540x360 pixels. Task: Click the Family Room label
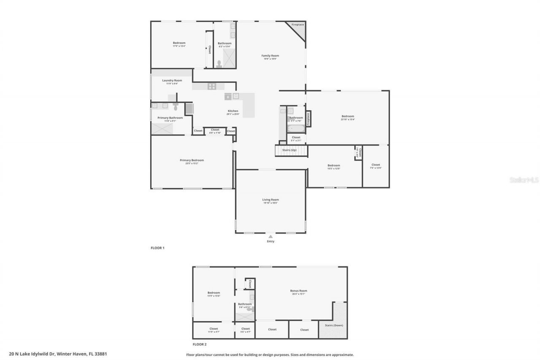pyautogui.click(x=270, y=56)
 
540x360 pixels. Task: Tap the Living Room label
pyautogui.click(x=270, y=200)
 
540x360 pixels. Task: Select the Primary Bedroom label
pyautogui.click(x=192, y=160)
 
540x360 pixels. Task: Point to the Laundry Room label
pyautogui.click(x=172, y=81)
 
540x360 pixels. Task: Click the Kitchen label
pyautogui.click(x=232, y=111)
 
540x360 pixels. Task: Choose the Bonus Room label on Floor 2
pyautogui.click(x=298, y=291)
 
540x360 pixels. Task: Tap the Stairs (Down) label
pyautogui.click(x=334, y=325)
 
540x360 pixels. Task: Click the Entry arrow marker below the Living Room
pyautogui.click(x=270, y=236)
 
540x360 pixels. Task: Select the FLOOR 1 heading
pyautogui.click(x=157, y=248)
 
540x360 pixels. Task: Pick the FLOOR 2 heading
pyautogui.click(x=200, y=344)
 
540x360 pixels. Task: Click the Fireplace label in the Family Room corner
pyautogui.click(x=297, y=25)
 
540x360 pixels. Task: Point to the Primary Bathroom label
pyautogui.click(x=170, y=118)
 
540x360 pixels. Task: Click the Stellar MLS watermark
pyautogui.click(x=524, y=180)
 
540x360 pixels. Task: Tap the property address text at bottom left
pyautogui.click(x=58, y=354)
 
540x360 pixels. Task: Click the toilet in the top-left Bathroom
pyautogui.click(x=219, y=64)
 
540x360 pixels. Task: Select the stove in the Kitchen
pyautogui.click(x=211, y=86)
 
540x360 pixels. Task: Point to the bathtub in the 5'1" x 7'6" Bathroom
pyautogui.click(x=295, y=128)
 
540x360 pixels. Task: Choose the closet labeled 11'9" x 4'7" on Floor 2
pyautogui.click(x=213, y=329)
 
